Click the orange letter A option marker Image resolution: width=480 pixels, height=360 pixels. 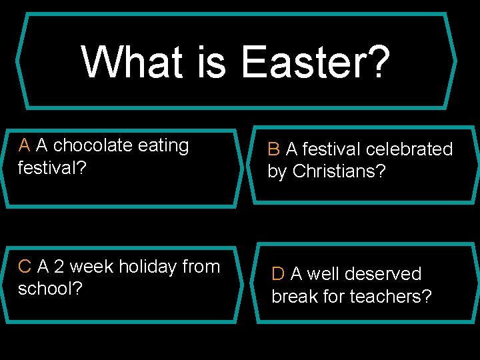[25, 145]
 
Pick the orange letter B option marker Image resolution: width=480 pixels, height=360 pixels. [274, 149]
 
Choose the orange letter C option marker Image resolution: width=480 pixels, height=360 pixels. [25, 267]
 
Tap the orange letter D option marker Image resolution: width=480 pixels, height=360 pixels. [278, 274]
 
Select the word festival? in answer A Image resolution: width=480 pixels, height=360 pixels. [52, 167]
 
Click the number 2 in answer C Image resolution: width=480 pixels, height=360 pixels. [59, 267]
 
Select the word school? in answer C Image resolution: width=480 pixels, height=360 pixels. [50, 289]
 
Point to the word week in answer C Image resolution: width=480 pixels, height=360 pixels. [91, 267]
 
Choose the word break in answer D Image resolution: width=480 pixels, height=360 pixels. [293, 296]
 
